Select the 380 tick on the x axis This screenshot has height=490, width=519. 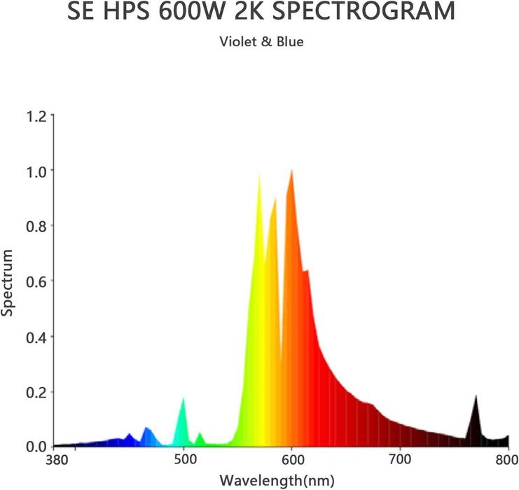coord(55,460)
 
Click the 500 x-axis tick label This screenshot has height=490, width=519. coord(184,460)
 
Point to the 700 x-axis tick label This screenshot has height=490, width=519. coord(400,460)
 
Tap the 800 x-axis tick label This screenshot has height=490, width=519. coord(507,460)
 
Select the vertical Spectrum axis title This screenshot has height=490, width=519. coord(8,281)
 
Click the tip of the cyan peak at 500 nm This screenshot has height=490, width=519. coord(184,398)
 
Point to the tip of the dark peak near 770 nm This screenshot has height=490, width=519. coord(476,395)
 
